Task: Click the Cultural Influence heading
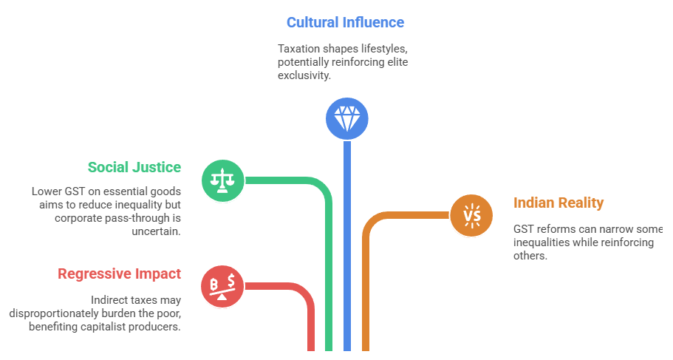click(x=345, y=22)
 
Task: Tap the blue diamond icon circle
click(x=346, y=118)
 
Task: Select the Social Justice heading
click(x=134, y=167)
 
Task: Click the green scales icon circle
click(x=223, y=180)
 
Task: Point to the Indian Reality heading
click(x=558, y=203)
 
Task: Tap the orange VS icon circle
click(x=471, y=215)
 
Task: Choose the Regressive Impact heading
click(x=119, y=274)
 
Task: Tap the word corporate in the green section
click(x=82, y=218)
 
